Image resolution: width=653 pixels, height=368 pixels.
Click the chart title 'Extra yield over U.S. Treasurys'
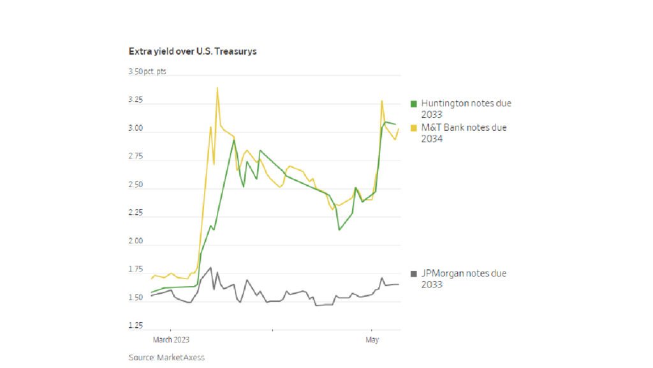pyautogui.click(x=192, y=51)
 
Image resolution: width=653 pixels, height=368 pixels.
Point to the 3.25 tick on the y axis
pyautogui.click(x=135, y=101)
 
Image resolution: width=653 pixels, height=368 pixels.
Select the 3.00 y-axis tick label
pyautogui.click(x=135, y=129)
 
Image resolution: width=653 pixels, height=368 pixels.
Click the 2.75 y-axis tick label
pyautogui.click(x=135, y=157)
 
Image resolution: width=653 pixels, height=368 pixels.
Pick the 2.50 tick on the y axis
pyautogui.click(x=135, y=185)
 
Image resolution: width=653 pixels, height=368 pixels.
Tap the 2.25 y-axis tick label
pyautogui.click(x=135, y=213)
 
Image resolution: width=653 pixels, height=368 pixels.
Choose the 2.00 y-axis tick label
pyautogui.click(x=135, y=242)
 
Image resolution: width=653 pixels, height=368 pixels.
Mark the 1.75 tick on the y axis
pyautogui.click(x=135, y=270)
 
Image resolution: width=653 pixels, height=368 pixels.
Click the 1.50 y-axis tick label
pyautogui.click(x=135, y=298)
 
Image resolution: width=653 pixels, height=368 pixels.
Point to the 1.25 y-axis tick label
pyautogui.click(x=135, y=326)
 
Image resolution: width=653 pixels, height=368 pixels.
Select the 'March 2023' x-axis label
pyautogui.click(x=171, y=340)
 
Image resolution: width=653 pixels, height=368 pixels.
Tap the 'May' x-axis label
pyautogui.click(x=372, y=340)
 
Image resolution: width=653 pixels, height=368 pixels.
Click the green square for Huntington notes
pyautogui.click(x=413, y=103)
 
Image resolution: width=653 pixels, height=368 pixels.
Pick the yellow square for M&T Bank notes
pyautogui.click(x=413, y=128)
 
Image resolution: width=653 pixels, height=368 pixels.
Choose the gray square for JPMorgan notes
pyautogui.click(x=413, y=273)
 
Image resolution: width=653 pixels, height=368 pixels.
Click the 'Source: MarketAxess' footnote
pyautogui.click(x=166, y=358)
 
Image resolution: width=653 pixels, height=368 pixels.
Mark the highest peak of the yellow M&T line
pyautogui.click(x=217, y=88)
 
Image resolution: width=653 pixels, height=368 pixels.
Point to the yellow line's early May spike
pyautogui.click(x=382, y=101)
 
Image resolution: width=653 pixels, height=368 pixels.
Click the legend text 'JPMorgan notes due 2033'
pyautogui.click(x=464, y=279)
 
